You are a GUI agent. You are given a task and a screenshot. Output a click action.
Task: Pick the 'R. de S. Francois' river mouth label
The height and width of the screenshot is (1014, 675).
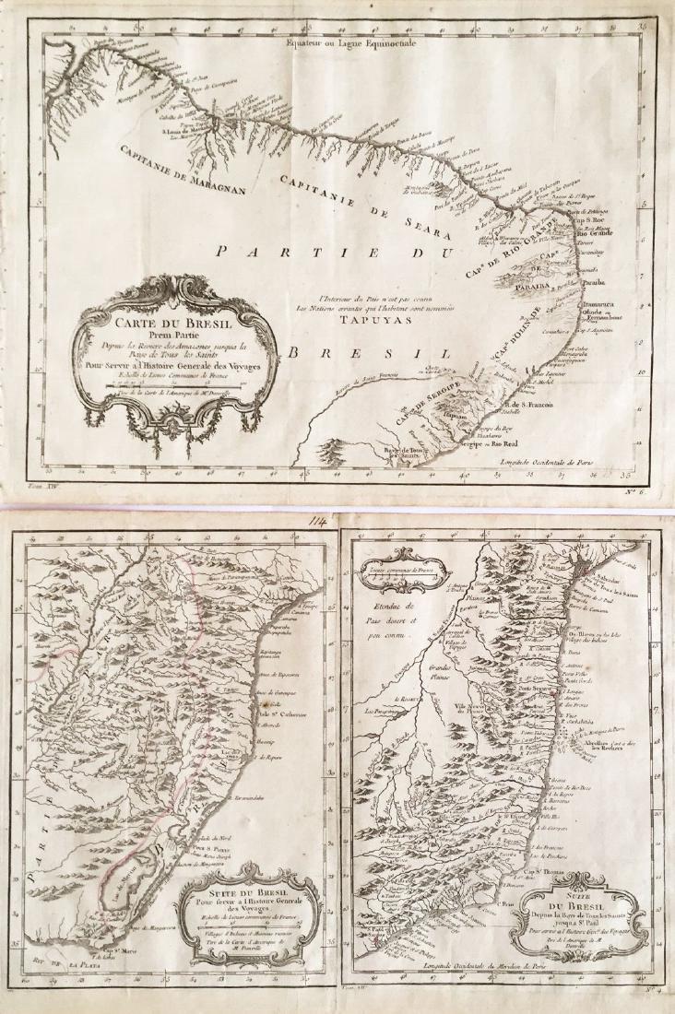pyautogui.click(x=530, y=405)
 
